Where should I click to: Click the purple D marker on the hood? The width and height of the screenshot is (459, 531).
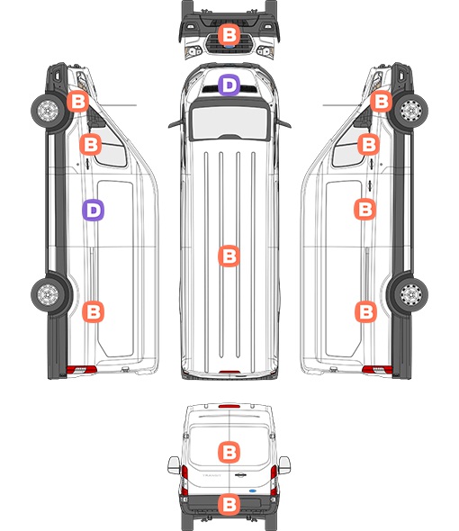click(x=229, y=85)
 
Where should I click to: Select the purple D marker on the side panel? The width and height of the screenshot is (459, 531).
click(x=94, y=211)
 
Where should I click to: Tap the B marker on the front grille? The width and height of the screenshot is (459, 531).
click(x=229, y=34)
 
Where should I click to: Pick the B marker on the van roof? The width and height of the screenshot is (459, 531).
click(x=229, y=256)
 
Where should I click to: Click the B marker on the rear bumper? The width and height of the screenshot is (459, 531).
click(x=229, y=505)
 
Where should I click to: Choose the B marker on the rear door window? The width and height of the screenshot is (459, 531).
click(x=229, y=452)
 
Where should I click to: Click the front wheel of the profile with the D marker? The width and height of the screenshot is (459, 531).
click(x=48, y=111)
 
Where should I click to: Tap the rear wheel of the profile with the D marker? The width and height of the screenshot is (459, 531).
click(x=48, y=294)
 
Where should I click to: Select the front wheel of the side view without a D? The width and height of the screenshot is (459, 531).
click(x=411, y=111)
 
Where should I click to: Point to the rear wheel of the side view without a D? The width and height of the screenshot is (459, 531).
click(x=411, y=294)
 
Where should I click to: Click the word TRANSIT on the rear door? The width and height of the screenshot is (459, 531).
click(x=211, y=475)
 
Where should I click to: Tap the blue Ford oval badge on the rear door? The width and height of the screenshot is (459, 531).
click(x=253, y=490)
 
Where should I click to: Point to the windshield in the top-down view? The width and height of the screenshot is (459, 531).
click(x=229, y=122)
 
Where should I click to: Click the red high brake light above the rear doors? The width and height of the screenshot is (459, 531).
click(x=229, y=406)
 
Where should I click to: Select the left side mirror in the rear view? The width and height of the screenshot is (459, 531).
click(x=174, y=465)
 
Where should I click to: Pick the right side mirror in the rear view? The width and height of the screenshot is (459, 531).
click(x=284, y=465)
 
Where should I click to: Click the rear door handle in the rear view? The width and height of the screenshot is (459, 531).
click(x=240, y=475)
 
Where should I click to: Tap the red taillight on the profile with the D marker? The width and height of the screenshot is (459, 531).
click(x=81, y=370)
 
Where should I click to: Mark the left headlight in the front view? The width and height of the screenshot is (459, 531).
click(x=193, y=52)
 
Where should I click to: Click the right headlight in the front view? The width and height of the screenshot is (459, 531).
click(x=265, y=52)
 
